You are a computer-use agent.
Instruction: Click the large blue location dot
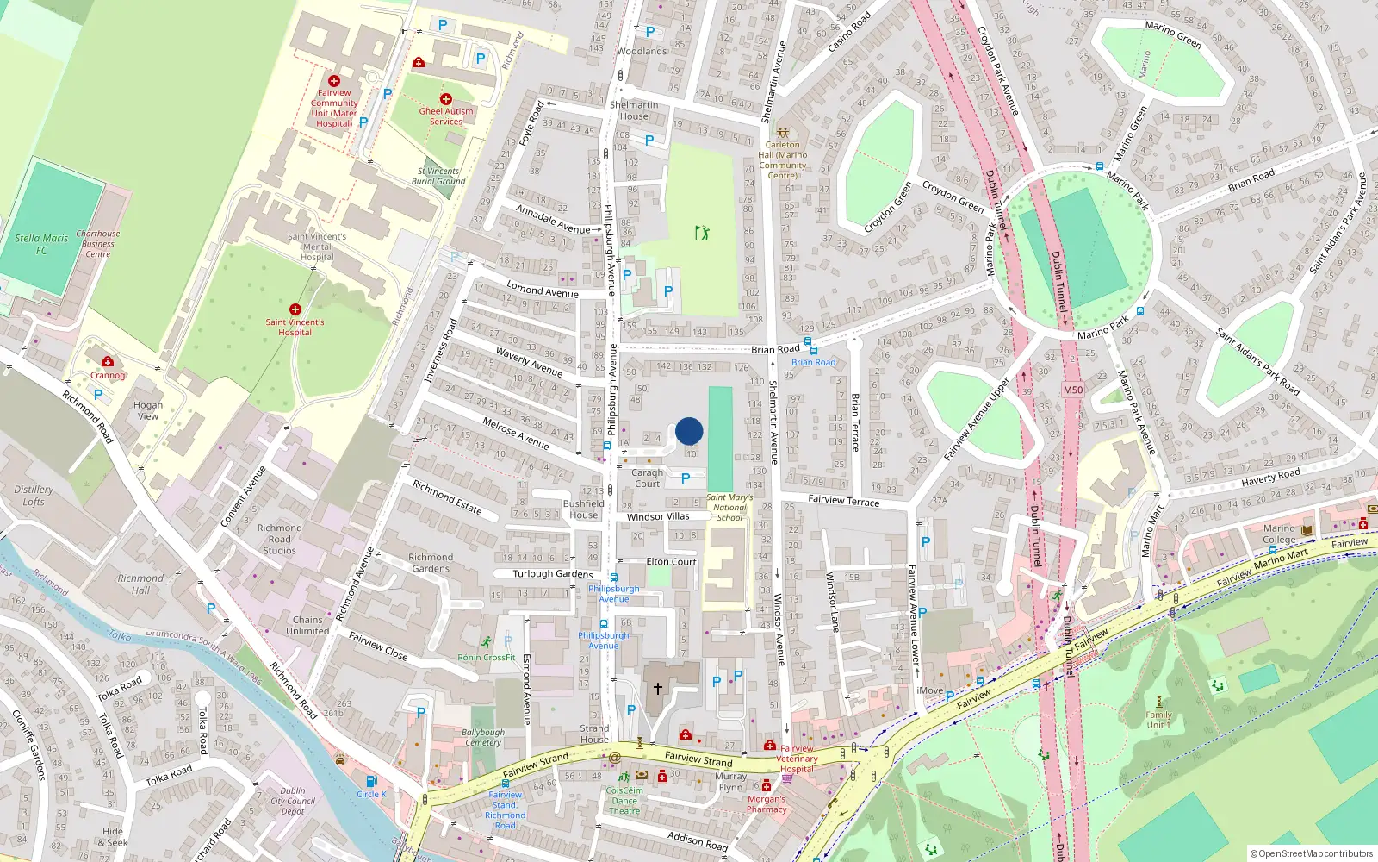pyautogui.click(x=689, y=431)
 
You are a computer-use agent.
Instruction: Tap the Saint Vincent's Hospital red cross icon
pyautogui.click(x=295, y=309)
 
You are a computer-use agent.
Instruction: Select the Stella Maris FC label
pyautogui.click(x=41, y=244)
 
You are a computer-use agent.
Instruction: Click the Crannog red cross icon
pyautogui.click(x=108, y=362)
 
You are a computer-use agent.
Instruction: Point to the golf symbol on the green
pyautogui.click(x=702, y=233)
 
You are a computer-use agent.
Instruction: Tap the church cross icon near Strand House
pyautogui.click(x=658, y=688)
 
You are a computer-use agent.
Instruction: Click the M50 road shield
pyautogui.click(x=1072, y=390)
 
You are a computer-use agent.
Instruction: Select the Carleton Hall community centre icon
pyautogui.click(x=782, y=133)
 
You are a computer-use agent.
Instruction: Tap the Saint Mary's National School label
pyautogui.click(x=729, y=507)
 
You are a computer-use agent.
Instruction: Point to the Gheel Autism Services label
pyautogui.click(x=446, y=116)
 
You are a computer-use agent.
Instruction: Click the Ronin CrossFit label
pyautogui.click(x=487, y=657)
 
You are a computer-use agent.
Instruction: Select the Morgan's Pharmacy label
pyautogui.click(x=767, y=803)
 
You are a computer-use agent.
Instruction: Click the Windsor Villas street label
pyautogui.click(x=658, y=516)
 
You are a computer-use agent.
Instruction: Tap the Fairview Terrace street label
pyautogui.click(x=843, y=500)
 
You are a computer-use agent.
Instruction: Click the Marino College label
pyautogui.click(x=1279, y=534)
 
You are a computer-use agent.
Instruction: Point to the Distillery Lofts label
pyautogui.click(x=34, y=495)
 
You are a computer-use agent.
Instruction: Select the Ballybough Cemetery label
pyautogui.click(x=483, y=737)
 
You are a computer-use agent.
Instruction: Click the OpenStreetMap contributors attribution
pyautogui.click(x=1312, y=853)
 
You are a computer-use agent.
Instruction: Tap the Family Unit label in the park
pyautogui.click(x=1158, y=719)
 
